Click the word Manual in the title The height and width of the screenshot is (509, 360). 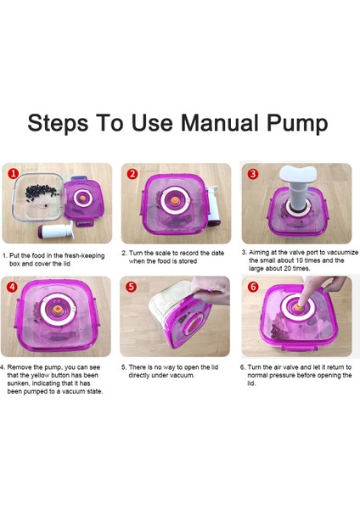219,123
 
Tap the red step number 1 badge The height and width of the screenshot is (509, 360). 14,174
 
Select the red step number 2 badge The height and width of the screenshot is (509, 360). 132,174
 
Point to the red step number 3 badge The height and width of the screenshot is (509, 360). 253,174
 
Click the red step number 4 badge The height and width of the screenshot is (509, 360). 13,287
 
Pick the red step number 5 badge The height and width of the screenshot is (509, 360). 132,287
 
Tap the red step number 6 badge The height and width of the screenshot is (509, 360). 253,287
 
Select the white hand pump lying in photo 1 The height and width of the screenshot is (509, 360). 56,231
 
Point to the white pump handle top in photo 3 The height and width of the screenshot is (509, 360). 298,174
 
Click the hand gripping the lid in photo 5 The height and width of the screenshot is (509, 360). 209,290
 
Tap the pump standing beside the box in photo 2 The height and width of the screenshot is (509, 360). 213,206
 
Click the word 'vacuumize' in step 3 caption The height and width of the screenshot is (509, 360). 342,252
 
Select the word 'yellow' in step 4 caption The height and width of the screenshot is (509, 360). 41,376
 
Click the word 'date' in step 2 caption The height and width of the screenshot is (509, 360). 217,253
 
